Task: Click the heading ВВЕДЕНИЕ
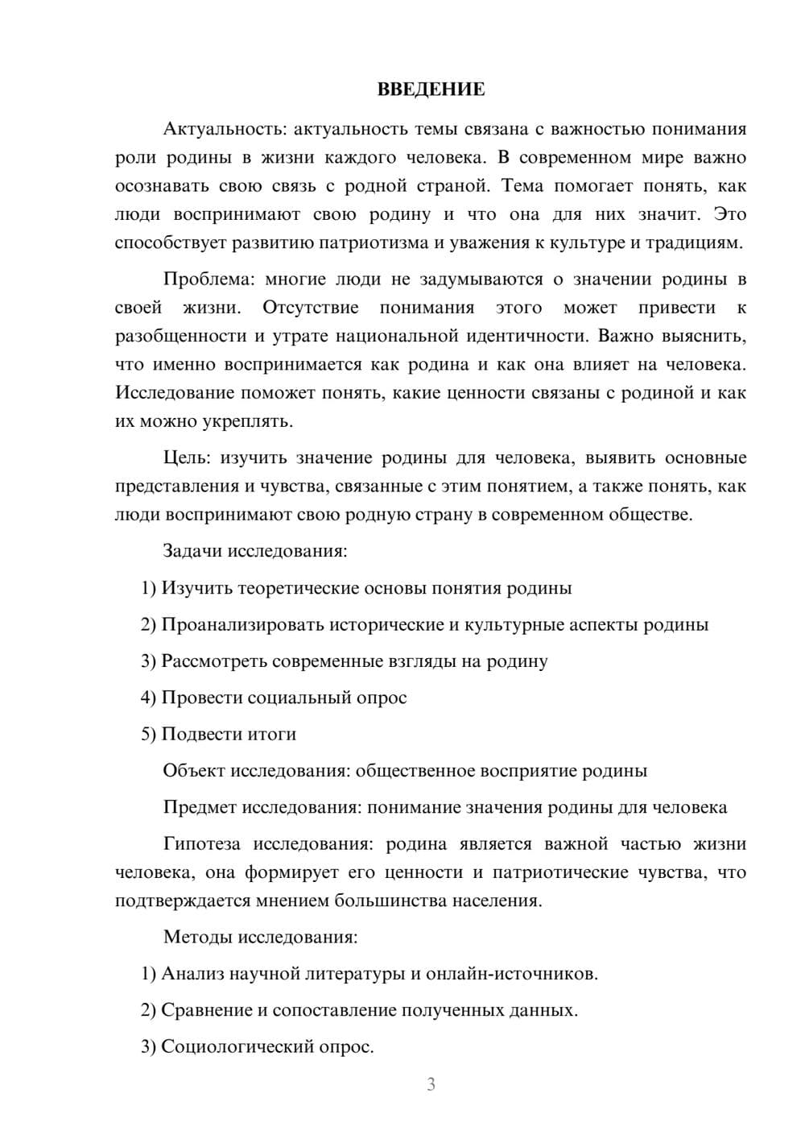click(x=431, y=89)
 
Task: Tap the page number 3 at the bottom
click(x=431, y=1084)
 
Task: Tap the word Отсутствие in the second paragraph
click(x=310, y=308)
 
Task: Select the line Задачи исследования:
click(x=255, y=551)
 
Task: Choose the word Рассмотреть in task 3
click(x=214, y=661)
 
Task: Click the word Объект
click(x=194, y=771)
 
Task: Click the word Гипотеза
click(x=201, y=843)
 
